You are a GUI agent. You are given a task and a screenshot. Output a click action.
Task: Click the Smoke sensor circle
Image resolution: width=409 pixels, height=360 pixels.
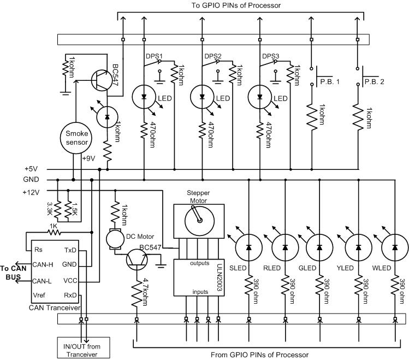(x=76, y=138)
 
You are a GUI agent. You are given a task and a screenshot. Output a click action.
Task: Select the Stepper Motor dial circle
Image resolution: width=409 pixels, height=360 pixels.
(x=199, y=221)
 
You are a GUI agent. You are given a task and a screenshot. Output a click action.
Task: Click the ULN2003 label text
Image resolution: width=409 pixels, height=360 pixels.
(x=221, y=280)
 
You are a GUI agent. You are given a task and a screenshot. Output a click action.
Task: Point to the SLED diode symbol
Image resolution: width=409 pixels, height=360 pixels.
(x=248, y=247)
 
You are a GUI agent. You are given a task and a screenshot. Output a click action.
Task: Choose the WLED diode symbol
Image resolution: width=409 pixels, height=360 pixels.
(x=395, y=247)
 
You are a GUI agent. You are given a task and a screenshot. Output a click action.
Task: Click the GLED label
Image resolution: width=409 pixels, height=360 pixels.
(x=307, y=268)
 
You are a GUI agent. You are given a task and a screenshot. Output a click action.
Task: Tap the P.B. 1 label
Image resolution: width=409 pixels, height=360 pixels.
(x=330, y=81)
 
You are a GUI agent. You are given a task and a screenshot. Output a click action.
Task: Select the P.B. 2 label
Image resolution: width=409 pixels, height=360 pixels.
(x=374, y=81)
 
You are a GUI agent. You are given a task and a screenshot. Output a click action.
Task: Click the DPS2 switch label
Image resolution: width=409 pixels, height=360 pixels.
(x=213, y=56)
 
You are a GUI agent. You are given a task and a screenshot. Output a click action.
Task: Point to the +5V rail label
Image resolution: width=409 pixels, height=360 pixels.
(x=31, y=169)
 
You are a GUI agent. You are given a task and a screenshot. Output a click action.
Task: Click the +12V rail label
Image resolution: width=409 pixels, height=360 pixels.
(x=31, y=192)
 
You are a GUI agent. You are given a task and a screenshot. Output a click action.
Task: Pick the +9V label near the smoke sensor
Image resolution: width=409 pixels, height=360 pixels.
(x=88, y=158)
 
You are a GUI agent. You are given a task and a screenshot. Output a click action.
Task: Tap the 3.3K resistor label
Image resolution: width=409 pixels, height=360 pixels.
(x=50, y=209)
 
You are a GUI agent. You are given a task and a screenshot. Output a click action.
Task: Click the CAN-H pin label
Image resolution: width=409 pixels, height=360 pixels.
(x=43, y=265)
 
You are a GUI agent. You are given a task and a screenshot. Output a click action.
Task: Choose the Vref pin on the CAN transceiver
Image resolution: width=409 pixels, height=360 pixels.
(x=39, y=296)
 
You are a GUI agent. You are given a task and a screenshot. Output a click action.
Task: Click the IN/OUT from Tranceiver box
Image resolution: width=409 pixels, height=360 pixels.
(x=84, y=348)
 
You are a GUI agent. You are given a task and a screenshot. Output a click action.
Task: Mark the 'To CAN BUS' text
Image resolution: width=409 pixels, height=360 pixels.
(x=13, y=273)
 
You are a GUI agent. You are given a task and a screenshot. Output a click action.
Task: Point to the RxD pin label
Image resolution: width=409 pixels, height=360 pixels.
(x=70, y=296)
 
